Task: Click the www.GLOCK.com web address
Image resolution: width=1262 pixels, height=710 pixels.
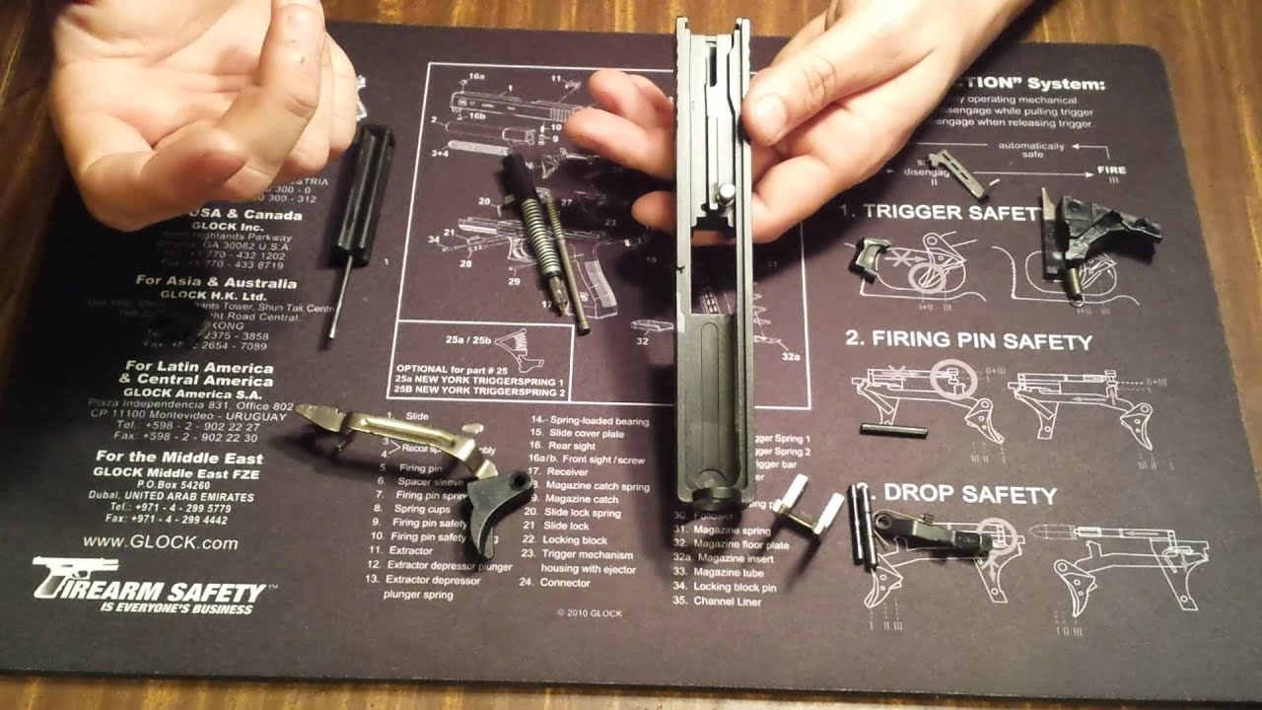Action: (x=160, y=542)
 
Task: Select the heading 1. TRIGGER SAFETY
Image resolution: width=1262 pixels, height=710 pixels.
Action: (x=940, y=212)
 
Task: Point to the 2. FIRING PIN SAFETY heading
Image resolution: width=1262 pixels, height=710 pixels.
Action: (x=968, y=341)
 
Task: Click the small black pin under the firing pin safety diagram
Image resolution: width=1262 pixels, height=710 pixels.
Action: (x=893, y=429)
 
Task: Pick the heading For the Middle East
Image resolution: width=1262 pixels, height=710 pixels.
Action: (x=178, y=458)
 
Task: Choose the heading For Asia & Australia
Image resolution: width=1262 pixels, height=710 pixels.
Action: (x=204, y=282)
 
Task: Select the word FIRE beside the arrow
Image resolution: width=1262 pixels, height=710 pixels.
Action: (x=1111, y=171)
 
